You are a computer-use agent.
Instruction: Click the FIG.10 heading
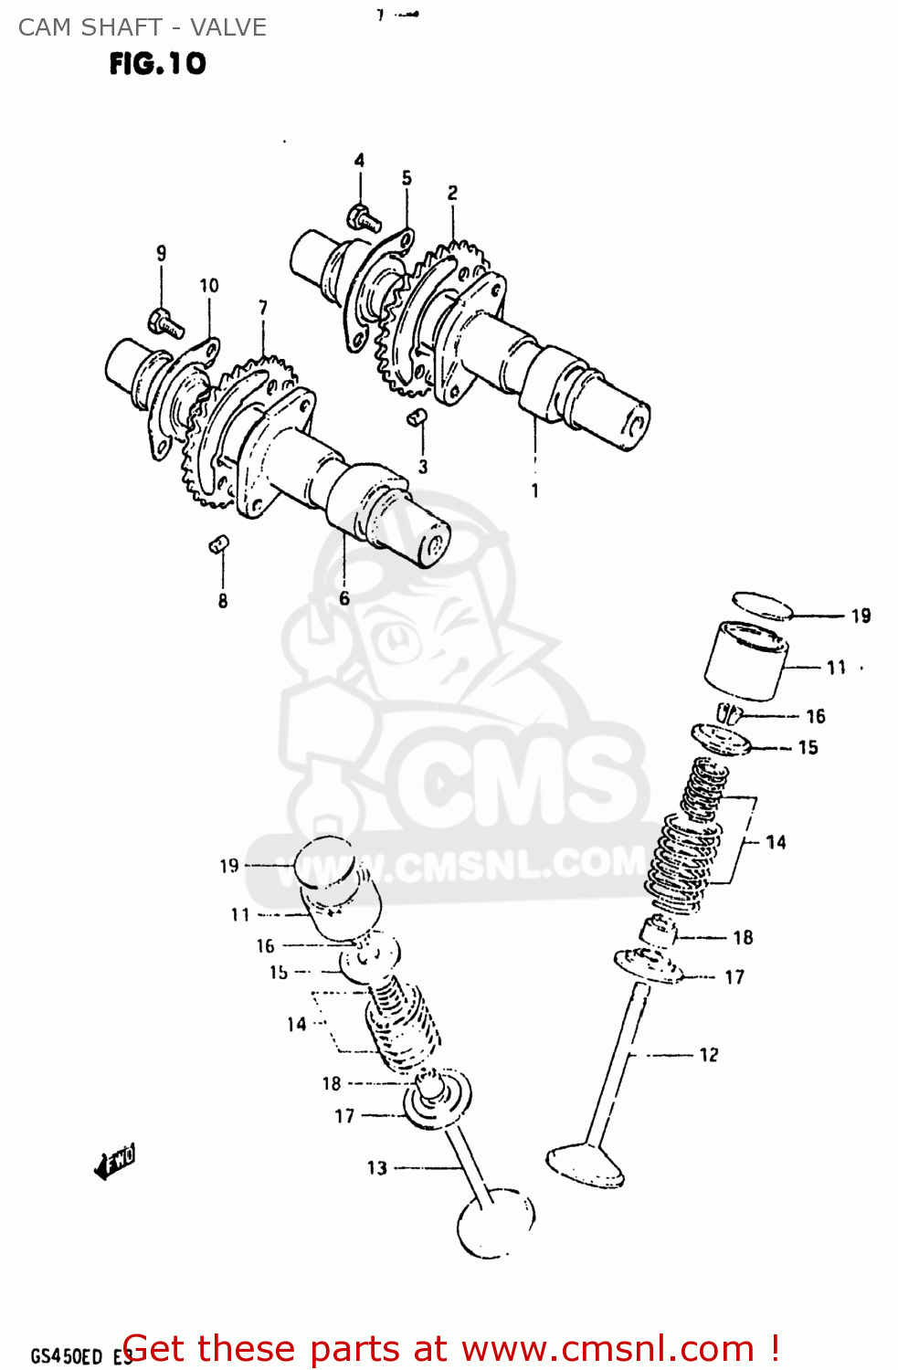pyautogui.click(x=157, y=63)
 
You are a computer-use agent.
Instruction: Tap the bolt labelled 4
pyautogui.click(x=363, y=218)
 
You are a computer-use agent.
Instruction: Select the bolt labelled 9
pyautogui.click(x=165, y=322)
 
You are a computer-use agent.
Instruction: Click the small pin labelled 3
pyautogui.click(x=417, y=417)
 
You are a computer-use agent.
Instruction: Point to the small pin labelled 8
pyautogui.click(x=219, y=545)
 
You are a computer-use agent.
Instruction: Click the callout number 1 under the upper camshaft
pyautogui.click(x=535, y=490)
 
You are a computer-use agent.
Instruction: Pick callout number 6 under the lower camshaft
pyautogui.click(x=344, y=598)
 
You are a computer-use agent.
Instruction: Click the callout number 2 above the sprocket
pyautogui.click(x=452, y=193)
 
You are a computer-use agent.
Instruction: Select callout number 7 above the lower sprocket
pyautogui.click(x=263, y=307)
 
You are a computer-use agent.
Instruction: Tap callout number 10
pyautogui.click(x=209, y=285)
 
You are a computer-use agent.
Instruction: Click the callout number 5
pyautogui.click(x=407, y=178)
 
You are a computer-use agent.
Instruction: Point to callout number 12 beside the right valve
pyautogui.click(x=709, y=1055)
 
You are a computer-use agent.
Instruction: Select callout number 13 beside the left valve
pyautogui.click(x=377, y=1167)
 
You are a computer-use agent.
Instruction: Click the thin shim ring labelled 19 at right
pyautogui.click(x=763, y=605)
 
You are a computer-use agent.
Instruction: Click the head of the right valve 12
pyautogui.click(x=586, y=1165)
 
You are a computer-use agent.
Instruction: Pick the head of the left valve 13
pyautogui.click(x=495, y=1224)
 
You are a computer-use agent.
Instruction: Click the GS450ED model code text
pyautogui.click(x=66, y=1356)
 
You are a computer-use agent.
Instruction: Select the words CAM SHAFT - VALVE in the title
pyautogui.click(x=143, y=27)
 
